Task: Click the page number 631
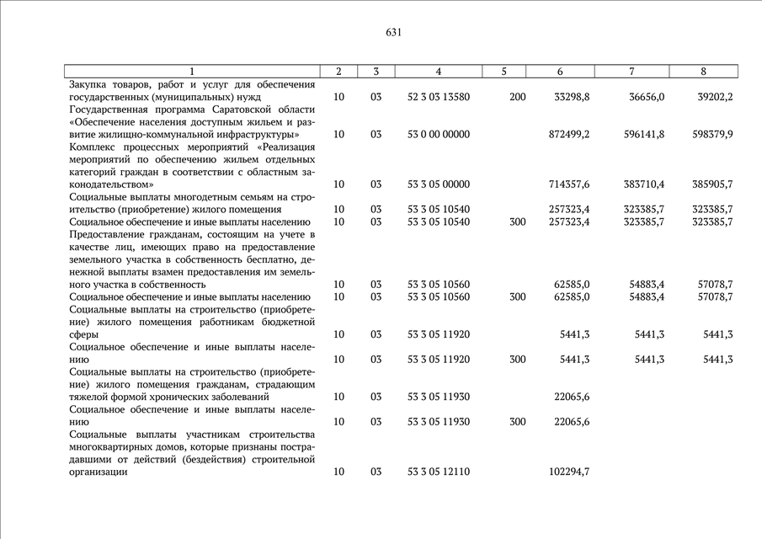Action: click(393, 33)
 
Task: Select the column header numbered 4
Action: click(438, 72)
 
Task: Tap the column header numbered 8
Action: click(703, 72)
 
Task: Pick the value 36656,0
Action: click(647, 97)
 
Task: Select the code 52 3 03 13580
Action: click(438, 97)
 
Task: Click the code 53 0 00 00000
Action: click(438, 134)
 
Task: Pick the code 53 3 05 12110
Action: click(438, 472)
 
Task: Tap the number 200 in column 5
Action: click(518, 97)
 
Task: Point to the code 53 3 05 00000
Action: click(438, 184)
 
